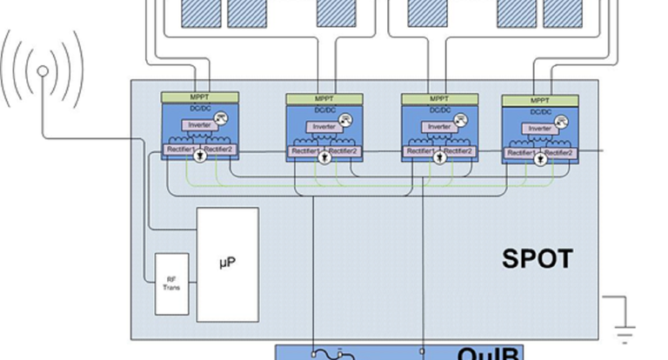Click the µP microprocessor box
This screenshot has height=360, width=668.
point(227,263)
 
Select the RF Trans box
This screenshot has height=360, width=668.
point(171,284)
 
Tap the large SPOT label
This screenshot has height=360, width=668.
point(538,259)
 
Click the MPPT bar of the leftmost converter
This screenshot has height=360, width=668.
point(199,97)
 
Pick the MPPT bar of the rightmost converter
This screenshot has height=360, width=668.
point(539,101)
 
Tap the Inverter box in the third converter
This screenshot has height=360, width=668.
point(439,127)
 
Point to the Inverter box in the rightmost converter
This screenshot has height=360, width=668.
point(539,130)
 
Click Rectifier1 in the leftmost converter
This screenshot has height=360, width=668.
point(179,150)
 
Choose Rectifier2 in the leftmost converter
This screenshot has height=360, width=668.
point(220,150)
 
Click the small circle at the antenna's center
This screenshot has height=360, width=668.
point(43,72)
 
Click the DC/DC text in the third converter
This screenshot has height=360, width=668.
point(439,110)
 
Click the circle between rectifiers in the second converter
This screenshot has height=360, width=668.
point(324,157)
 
